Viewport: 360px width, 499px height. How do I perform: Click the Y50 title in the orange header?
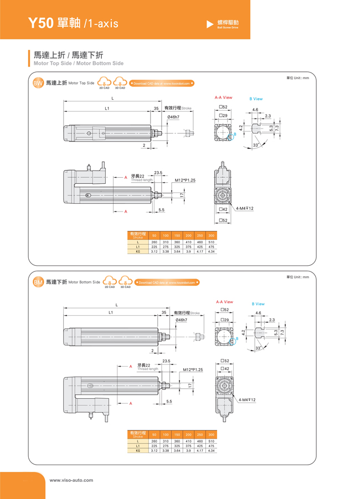coord(42,24)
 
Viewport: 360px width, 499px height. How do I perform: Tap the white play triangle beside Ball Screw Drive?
coord(210,24)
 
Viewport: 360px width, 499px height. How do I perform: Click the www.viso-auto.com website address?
coord(71,480)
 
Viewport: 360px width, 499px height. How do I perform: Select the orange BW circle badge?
coord(38,83)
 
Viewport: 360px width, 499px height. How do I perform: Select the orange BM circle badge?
coord(38,282)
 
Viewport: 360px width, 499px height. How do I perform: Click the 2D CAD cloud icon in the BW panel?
coord(104,83)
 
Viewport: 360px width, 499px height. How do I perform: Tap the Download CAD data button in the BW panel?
coord(162,84)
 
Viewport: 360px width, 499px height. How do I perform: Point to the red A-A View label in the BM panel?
coord(224,302)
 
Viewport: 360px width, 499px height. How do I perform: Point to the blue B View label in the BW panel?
coord(256,99)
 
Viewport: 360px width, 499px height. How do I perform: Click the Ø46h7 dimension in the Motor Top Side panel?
coord(173,117)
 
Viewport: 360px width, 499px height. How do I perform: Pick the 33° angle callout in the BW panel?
coord(256,145)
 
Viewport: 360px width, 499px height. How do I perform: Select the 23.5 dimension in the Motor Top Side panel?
coord(158,173)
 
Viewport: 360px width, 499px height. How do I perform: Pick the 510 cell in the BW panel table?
coord(211,242)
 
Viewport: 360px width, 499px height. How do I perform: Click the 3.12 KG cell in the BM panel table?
coord(154,451)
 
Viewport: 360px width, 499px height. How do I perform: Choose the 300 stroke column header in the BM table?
coord(211,435)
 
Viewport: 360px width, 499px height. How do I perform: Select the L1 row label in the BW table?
coord(138,247)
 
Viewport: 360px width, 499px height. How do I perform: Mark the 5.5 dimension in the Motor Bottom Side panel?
coord(169,401)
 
